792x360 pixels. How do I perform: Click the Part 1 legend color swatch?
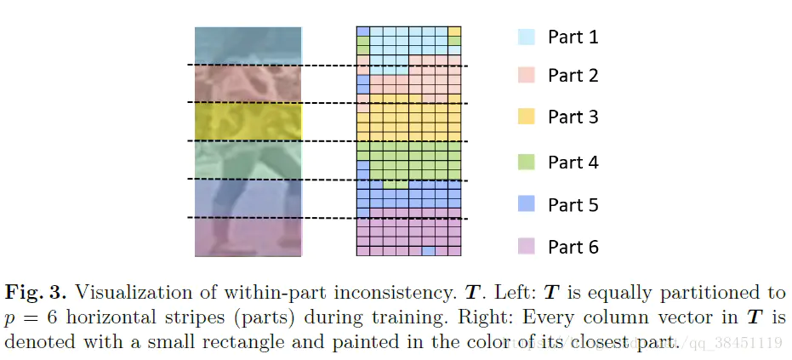coord(526,37)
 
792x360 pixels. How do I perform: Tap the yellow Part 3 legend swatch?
coord(526,117)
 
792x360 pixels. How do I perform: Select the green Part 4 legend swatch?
coord(526,162)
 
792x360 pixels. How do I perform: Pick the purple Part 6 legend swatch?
coord(526,247)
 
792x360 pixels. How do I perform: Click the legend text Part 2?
coord(573,76)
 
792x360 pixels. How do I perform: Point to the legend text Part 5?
coord(573,205)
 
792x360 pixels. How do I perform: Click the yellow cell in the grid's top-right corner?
coord(454,31)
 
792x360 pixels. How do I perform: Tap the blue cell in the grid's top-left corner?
coord(362,31)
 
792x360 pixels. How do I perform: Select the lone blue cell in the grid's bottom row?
coord(429,251)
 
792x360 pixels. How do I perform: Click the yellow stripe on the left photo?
coord(248,121)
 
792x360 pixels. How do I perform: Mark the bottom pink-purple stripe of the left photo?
coord(248,237)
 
